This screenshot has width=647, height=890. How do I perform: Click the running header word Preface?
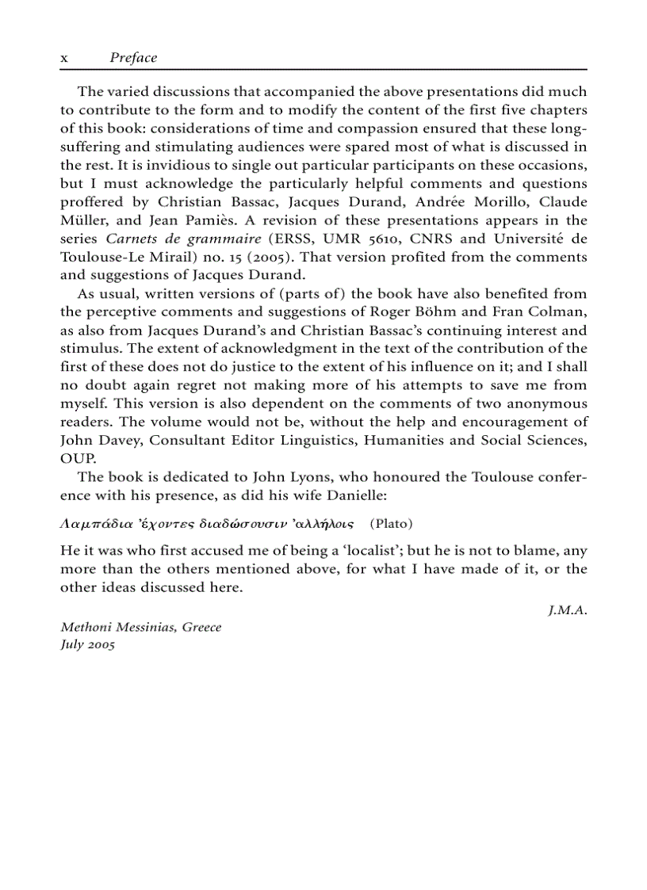(133, 58)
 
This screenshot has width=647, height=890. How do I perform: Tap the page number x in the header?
(64, 59)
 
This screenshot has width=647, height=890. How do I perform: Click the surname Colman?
(560, 311)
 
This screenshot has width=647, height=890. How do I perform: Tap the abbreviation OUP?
(78, 458)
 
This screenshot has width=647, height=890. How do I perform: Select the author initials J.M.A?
(568, 609)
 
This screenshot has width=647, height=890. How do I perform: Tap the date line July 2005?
(88, 645)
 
